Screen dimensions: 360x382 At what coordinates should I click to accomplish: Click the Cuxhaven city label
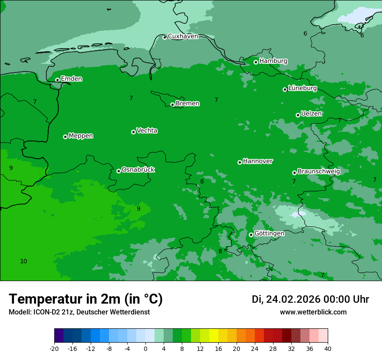point(183,36)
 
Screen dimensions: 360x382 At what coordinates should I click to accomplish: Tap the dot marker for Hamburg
point(256,62)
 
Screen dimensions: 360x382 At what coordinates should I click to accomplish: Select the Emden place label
point(71,79)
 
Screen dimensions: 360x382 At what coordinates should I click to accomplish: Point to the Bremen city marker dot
point(172,105)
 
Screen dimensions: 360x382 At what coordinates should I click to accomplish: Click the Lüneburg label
point(303,88)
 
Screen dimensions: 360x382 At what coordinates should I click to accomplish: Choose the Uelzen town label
point(311,114)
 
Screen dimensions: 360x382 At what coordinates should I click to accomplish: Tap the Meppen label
point(81,136)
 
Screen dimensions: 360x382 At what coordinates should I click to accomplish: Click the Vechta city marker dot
point(133,132)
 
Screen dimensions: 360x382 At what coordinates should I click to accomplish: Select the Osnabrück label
point(138,170)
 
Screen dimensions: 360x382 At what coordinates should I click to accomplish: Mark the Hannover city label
point(258,161)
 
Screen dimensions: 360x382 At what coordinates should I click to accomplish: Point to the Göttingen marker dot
point(251,235)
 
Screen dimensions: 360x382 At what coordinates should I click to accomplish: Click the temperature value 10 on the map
point(23,261)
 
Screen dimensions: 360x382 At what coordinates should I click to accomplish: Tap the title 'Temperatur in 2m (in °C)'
point(86,299)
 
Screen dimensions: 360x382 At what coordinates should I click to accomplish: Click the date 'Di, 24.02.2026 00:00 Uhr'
point(310,299)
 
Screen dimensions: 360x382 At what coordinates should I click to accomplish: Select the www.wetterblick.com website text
point(313,312)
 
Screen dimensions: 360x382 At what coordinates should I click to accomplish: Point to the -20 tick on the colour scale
point(54,348)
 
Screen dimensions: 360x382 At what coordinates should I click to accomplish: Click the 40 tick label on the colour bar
point(328,348)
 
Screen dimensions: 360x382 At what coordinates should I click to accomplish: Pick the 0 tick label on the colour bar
point(145,348)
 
